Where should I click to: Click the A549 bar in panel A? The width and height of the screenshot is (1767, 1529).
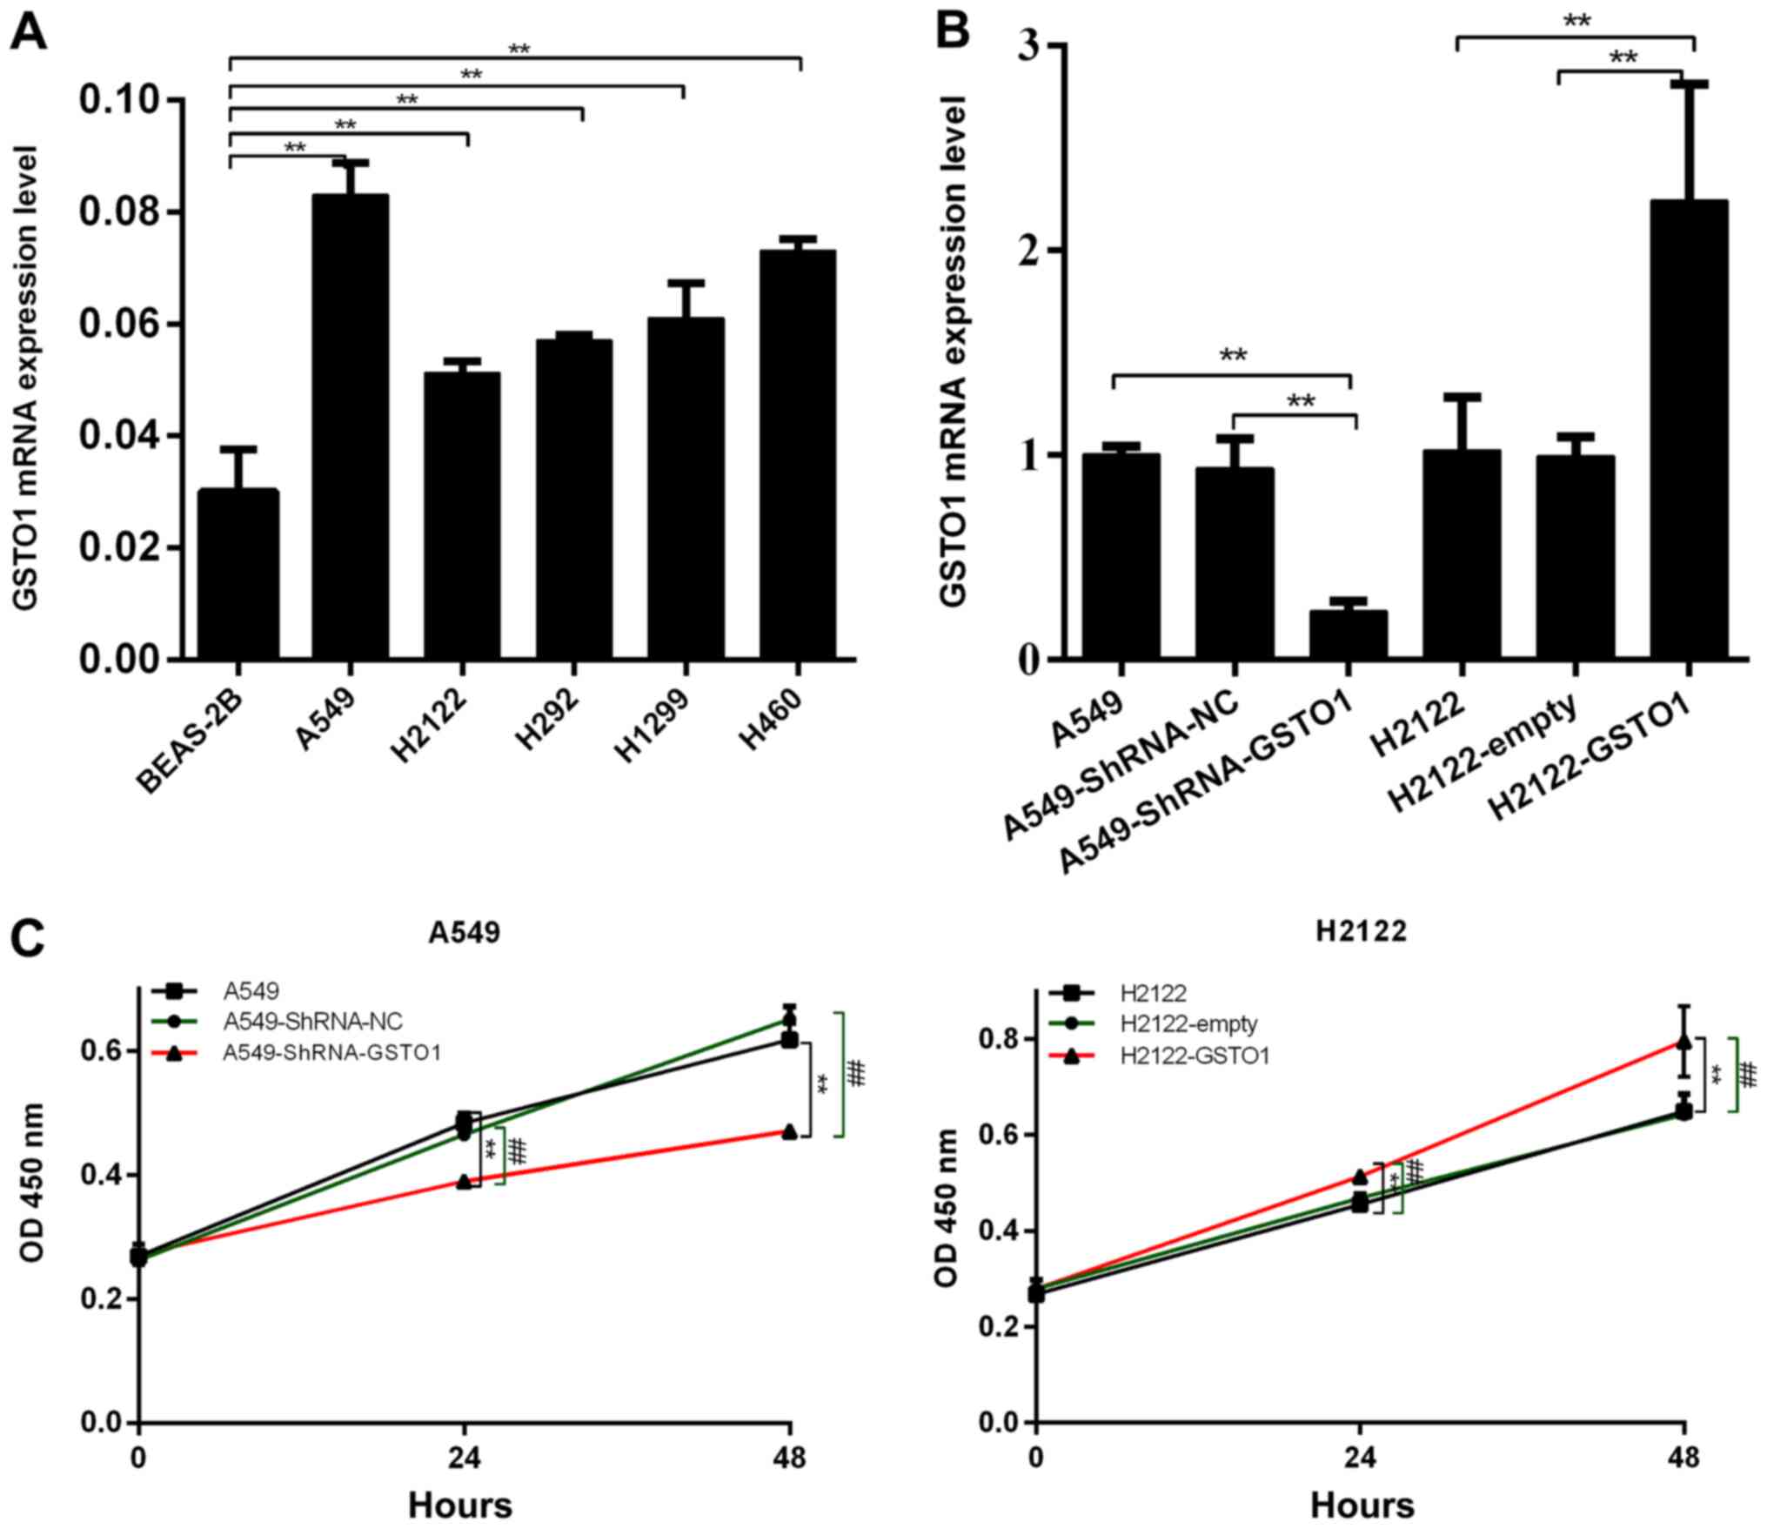click(x=350, y=426)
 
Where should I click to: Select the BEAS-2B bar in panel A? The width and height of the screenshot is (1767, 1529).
click(x=238, y=574)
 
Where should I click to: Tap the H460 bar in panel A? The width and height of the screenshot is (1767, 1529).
click(x=797, y=453)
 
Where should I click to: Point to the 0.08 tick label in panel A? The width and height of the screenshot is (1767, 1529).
click(x=122, y=212)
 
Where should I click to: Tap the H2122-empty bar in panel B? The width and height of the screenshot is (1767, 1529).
click(x=1575, y=557)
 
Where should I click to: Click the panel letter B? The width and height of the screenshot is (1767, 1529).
click(x=954, y=32)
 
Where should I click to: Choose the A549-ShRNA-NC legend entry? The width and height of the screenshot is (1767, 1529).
click(x=311, y=1021)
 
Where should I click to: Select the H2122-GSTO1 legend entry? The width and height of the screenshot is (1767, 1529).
click(x=1195, y=1056)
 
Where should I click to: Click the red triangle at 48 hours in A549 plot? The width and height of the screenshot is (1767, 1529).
click(x=789, y=1131)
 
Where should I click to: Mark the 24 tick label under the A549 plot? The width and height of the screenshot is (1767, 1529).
click(x=464, y=1457)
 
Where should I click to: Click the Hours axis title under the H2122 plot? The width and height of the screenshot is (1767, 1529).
click(x=1362, y=1505)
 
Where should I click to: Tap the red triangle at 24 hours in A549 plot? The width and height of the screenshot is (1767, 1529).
click(x=465, y=1181)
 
